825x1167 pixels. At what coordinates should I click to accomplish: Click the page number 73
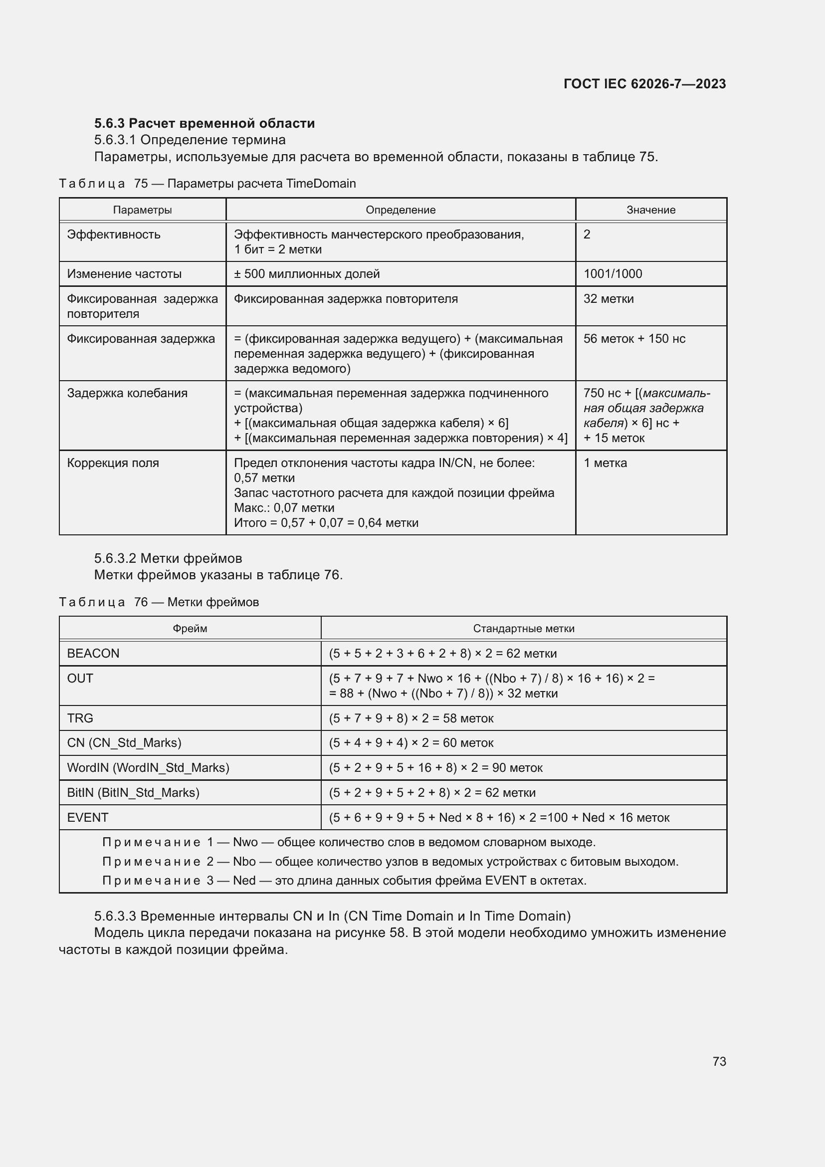click(719, 1061)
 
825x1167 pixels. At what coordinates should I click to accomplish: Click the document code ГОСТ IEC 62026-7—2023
click(644, 84)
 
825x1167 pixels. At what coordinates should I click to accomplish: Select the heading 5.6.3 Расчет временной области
click(204, 123)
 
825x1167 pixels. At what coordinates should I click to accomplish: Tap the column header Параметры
click(142, 210)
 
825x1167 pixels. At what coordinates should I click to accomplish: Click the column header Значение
click(651, 210)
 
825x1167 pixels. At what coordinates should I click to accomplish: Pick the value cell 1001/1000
click(613, 274)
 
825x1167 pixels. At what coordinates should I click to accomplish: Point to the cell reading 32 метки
click(609, 299)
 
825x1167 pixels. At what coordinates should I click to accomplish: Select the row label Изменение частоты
click(125, 274)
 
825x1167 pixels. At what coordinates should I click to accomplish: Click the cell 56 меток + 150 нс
click(634, 338)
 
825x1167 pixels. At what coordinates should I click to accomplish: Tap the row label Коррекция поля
click(113, 463)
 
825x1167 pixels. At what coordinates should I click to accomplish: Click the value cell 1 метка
click(605, 463)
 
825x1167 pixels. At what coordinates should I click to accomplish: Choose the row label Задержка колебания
click(127, 393)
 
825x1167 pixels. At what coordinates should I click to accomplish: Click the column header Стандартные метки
click(524, 629)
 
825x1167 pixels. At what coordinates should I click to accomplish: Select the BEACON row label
click(93, 654)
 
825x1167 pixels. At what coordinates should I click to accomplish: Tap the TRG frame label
click(80, 718)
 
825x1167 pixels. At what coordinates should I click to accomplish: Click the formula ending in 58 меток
click(411, 718)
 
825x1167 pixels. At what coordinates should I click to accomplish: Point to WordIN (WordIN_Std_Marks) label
click(148, 767)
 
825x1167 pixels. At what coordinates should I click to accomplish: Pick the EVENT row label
click(87, 817)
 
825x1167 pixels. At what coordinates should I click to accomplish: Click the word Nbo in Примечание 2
click(244, 862)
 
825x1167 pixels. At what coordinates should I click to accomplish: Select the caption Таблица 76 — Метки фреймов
click(159, 602)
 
